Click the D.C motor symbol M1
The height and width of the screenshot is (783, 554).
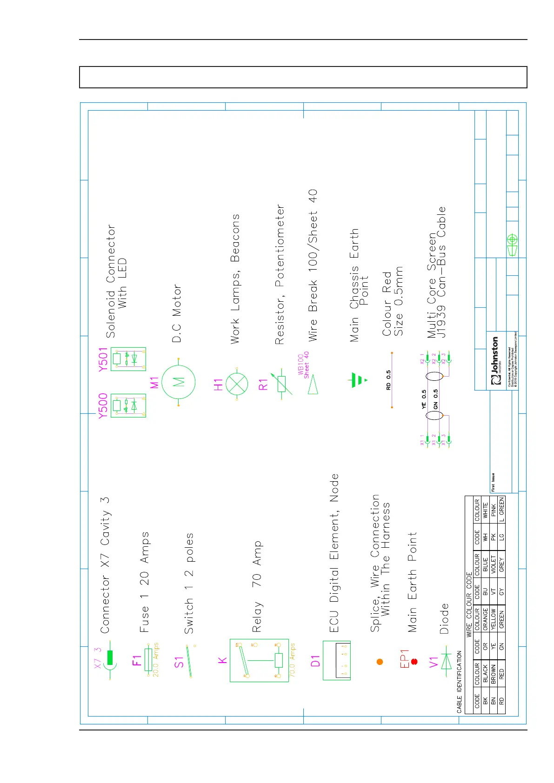pos(179,382)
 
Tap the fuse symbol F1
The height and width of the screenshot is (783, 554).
pos(148,659)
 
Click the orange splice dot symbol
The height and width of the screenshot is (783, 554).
pos(380,661)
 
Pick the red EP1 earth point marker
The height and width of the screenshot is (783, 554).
pos(414,661)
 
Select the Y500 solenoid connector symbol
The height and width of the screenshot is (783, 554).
pos(128,405)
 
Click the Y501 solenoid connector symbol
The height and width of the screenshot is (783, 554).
pos(128,359)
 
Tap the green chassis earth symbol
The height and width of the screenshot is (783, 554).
pos(356,380)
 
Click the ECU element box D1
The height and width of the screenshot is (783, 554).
pos(337,660)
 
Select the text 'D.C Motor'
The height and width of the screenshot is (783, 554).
pos(177,313)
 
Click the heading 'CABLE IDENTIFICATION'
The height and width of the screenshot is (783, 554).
pos(460,682)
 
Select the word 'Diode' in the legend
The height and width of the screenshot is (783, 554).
pos(444,618)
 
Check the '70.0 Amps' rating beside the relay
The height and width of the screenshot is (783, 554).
pos(293,659)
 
